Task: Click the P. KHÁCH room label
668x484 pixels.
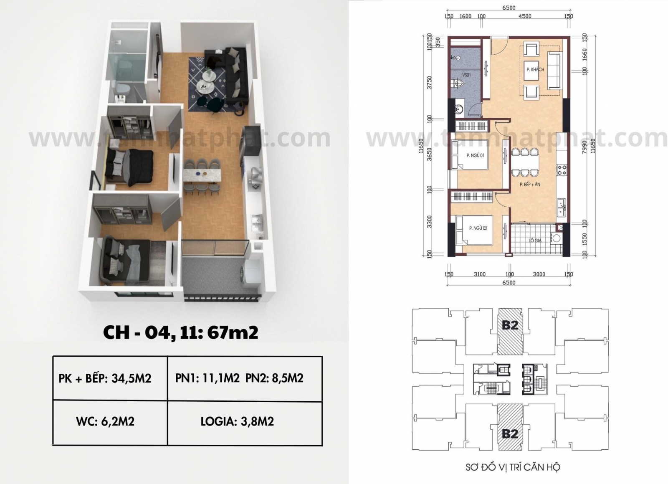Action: pos(535,69)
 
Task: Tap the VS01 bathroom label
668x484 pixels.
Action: pos(467,75)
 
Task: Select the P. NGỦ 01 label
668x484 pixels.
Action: pos(475,156)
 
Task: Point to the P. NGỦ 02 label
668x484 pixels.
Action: pos(478,228)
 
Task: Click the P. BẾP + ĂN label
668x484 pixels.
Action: pos(530,184)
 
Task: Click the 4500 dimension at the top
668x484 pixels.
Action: pos(524,16)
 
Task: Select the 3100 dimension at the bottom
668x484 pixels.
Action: pos(479,274)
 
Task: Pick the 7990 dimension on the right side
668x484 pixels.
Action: pos(584,146)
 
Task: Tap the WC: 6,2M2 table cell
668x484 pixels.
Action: pos(105,422)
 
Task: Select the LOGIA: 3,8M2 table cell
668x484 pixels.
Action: pos(237,422)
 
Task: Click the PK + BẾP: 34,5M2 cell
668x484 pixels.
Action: pos(105,378)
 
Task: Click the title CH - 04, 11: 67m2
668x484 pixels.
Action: pos(180,333)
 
